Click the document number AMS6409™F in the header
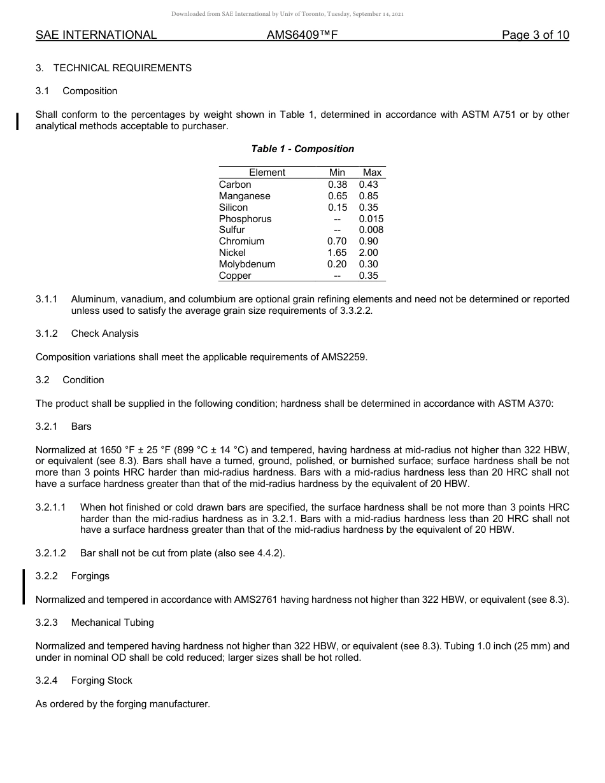point(302,35)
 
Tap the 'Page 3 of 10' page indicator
point(535,35)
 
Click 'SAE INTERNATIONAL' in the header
point(96,35)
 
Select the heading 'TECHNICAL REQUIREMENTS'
point(122,68)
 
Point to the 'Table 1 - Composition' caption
point(302,149)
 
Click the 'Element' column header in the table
point(267,173)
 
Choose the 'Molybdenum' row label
point(247,264)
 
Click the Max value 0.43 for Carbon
point(368,185)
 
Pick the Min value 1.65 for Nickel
point(337,253)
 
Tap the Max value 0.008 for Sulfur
point(371,230)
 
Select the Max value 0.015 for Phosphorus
point(371,219)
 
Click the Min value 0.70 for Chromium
point(337,241)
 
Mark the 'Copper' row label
point(235,276)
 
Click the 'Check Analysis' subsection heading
point(104,334)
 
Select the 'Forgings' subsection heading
point(90,576)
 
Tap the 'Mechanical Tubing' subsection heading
point(112,623)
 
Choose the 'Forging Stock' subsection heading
point(101,681)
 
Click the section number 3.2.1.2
point(51,553)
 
